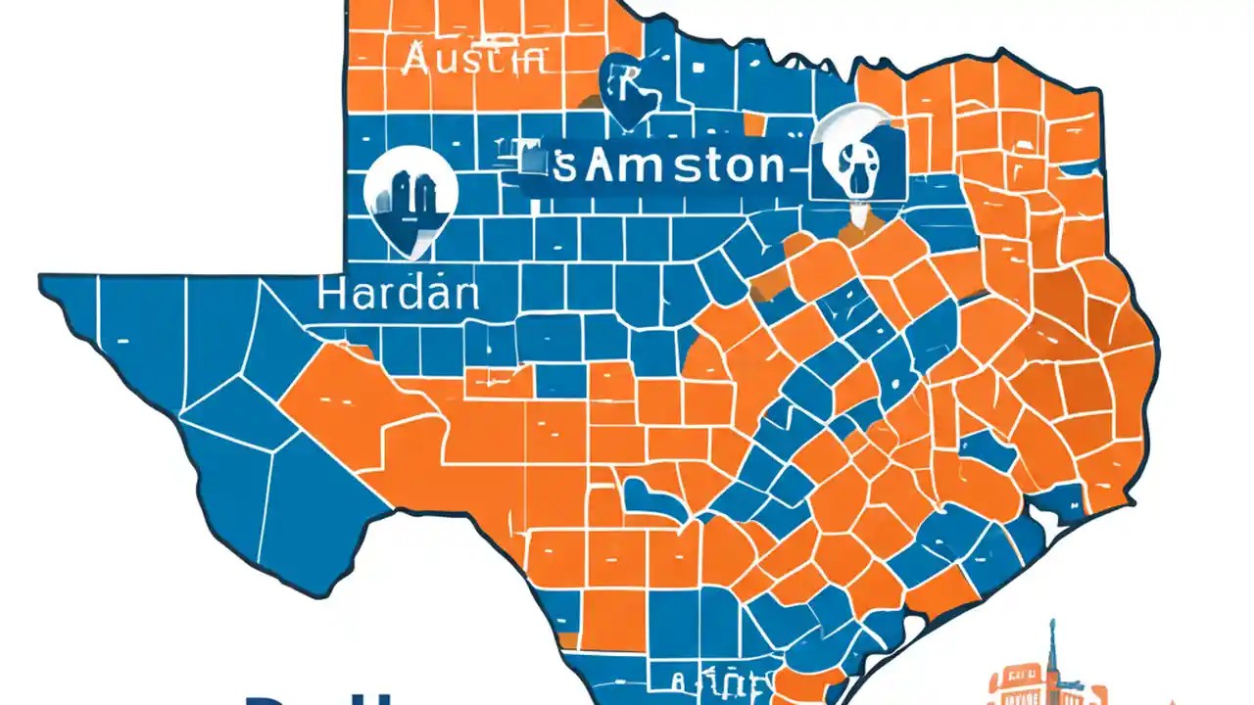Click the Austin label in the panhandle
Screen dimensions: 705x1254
473,60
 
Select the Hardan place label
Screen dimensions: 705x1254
398,293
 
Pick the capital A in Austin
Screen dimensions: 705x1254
414,60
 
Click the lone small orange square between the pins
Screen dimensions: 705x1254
752,124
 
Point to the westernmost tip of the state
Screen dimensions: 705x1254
41,280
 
